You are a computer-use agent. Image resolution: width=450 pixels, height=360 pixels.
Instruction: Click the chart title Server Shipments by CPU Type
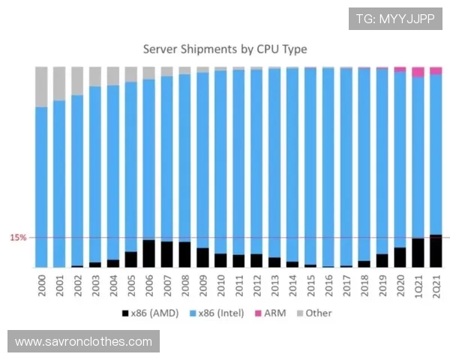pyautogui.click(x=225, y=49)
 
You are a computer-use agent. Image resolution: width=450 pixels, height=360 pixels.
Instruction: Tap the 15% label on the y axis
pyautogui.click(x=18, y=238)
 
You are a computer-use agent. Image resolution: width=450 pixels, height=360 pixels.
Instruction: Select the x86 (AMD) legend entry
pyautogui.click(x=149, y=313)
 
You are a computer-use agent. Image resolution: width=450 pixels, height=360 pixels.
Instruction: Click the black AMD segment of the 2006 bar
pyautogui.click(x=149, y=253)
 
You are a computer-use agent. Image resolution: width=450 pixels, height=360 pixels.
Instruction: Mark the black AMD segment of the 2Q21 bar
pyautogui.click(x=436, y=251)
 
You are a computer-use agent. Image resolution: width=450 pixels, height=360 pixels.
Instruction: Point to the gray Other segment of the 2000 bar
pyautogui.click(x=42, y=86)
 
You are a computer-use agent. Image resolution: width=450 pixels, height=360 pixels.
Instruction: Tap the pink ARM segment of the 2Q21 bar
pyautogui.click(x=436, y=70)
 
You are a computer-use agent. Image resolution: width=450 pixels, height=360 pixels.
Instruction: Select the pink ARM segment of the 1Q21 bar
pyautogui.click(x=418, y=71)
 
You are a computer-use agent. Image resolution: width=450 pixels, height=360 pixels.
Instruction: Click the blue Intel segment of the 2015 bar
pyautogui.click(x=310, y=165)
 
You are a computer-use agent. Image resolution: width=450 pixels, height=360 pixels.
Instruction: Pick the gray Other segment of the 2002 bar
pyautogui.click(x=77, y=80)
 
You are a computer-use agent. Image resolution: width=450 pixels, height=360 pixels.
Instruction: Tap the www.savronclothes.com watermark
pyautogui.click(x=83, y=341)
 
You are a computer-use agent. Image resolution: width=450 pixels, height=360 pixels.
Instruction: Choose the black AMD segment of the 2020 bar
pyautogui.click(x=400, y=257)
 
